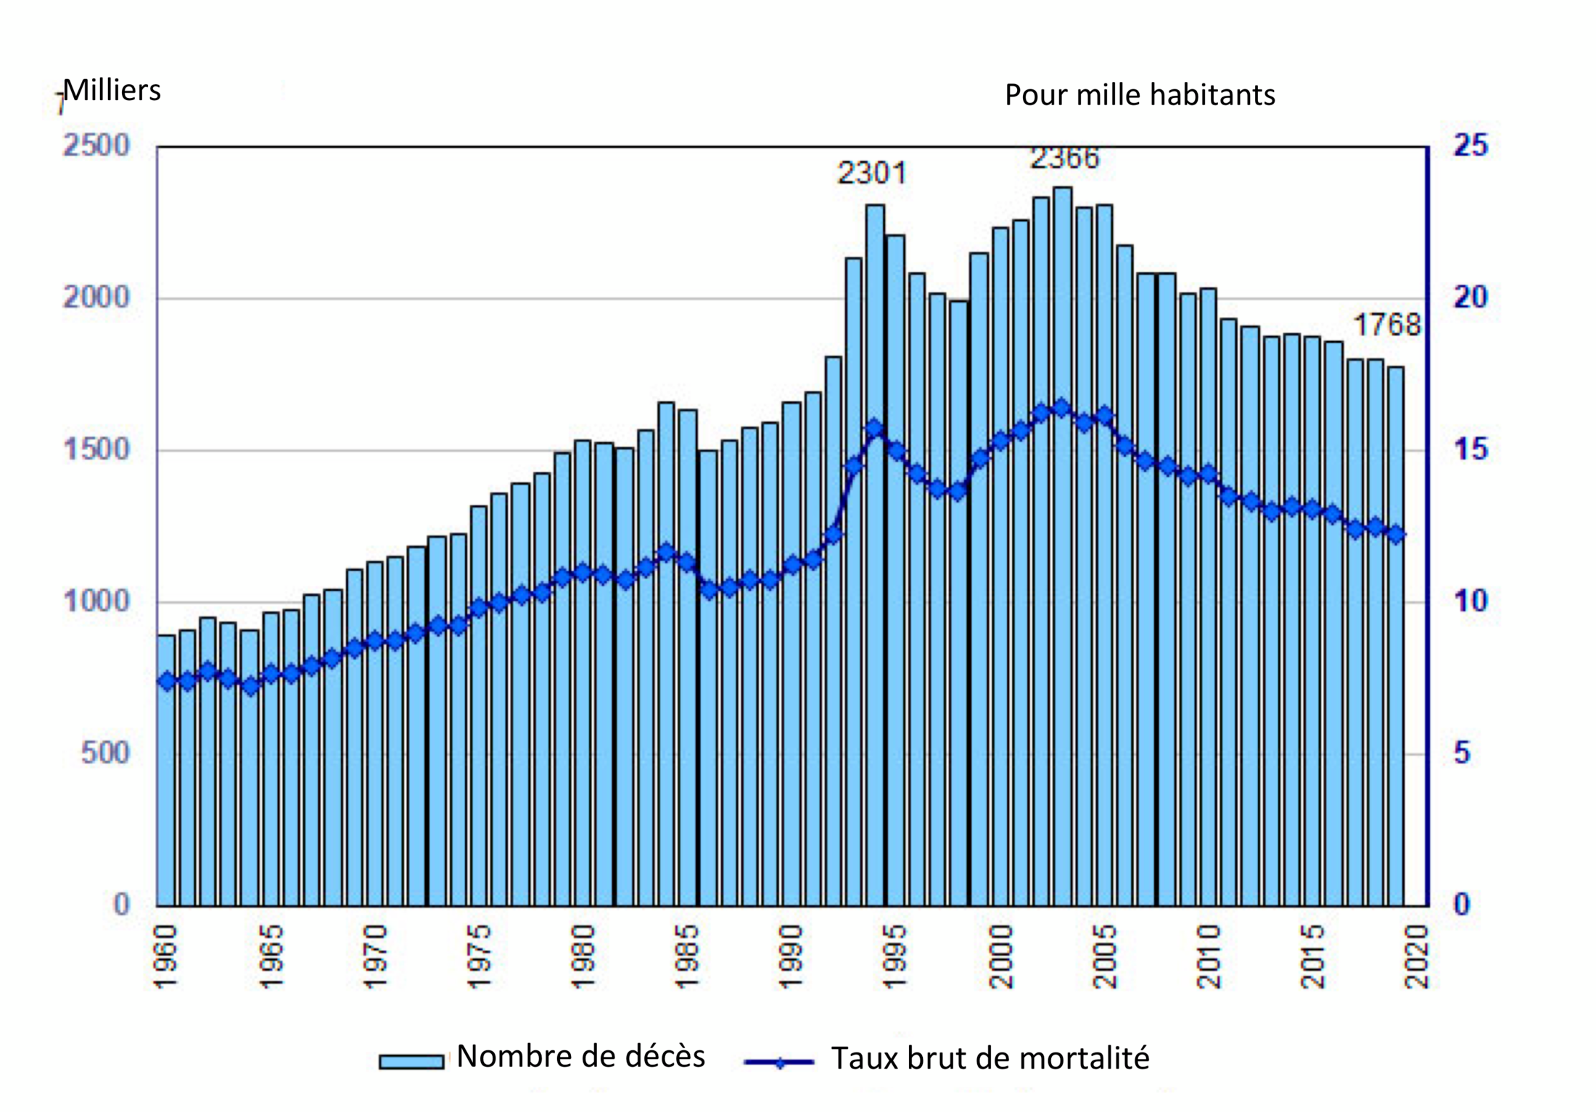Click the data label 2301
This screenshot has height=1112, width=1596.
point(871,173)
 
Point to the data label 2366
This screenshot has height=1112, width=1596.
point(1064,158)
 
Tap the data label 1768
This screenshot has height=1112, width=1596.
point(1386,324)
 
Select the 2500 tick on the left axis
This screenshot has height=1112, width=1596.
point(96,146)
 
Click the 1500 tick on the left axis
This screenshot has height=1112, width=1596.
point(96,450)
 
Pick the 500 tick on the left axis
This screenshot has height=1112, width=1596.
point(105,753)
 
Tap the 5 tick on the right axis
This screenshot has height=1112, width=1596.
point(1462,753)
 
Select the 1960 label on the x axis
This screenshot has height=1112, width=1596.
point(167,956)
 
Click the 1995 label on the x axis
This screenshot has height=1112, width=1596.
point(895,956)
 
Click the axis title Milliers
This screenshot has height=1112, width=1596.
point(112,91)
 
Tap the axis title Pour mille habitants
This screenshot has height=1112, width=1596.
point(1140,95)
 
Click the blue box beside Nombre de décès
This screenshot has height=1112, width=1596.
point(411,1061)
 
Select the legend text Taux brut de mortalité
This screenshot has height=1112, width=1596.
point(990,1059)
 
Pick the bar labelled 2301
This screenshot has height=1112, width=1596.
point(875,551)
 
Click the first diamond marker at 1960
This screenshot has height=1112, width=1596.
point(167,681)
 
